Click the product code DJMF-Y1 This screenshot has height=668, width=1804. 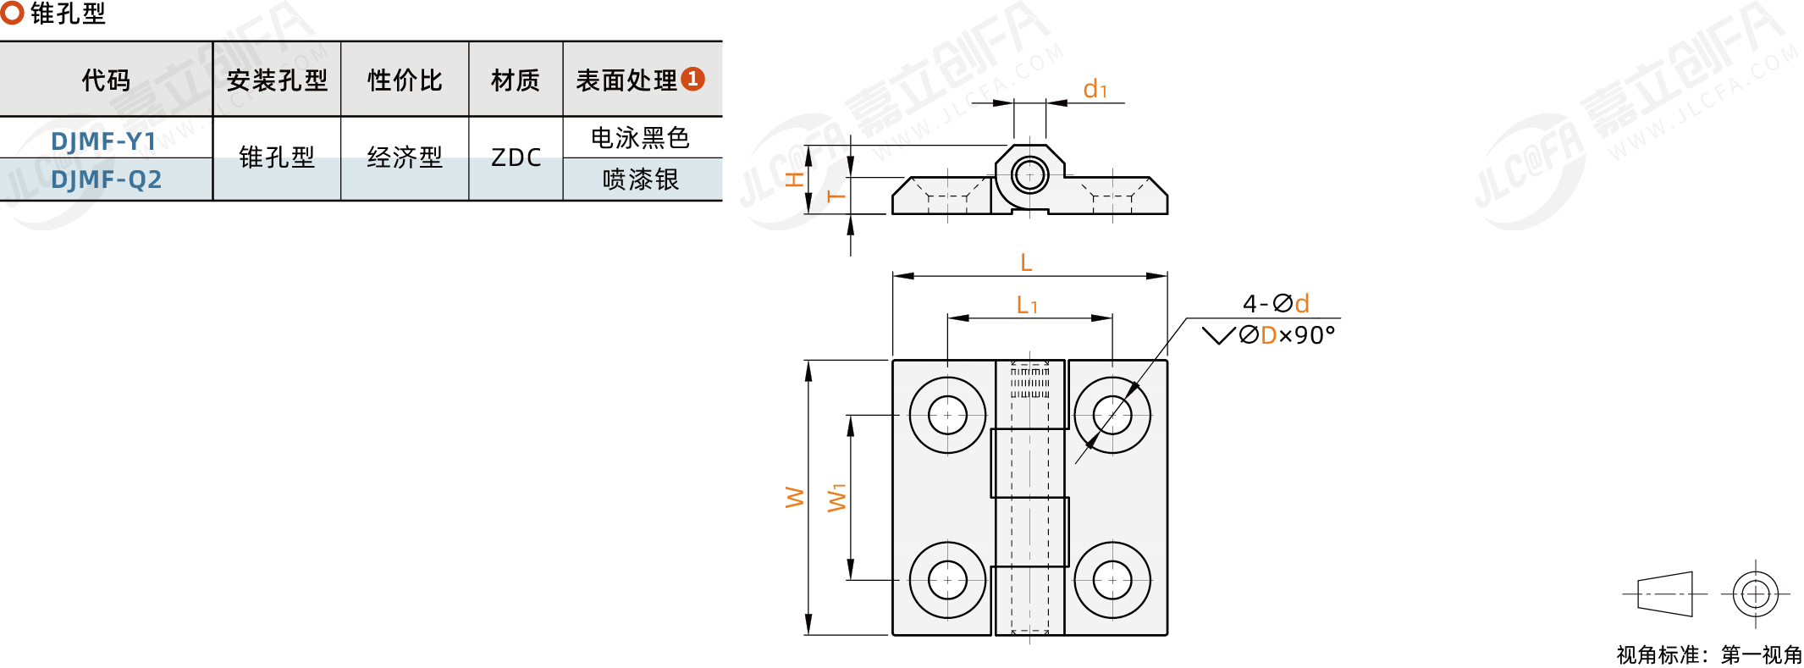tap(104, 141)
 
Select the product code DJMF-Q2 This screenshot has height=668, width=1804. tap(106, 179)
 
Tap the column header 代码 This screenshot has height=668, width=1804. tap(106, 80)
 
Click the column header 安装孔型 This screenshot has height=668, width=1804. tap(277, 80)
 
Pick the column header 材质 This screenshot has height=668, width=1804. tap(516, 80)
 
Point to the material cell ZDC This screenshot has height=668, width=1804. tap(516, 157)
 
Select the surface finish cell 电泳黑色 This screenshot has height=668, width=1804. tap(641, 137)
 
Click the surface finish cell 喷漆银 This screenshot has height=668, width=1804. tap(641, 179)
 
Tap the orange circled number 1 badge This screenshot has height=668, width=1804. tap(693, 79)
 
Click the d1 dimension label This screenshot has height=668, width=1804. tap(1095, 89)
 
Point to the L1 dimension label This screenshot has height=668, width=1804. tap(1027, 305)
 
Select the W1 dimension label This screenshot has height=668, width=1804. tap(836, 498)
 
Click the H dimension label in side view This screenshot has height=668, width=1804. tap(794, 179)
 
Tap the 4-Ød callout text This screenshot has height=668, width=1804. tap(1276, 303)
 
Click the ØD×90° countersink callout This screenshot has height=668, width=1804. tap(1269, 335)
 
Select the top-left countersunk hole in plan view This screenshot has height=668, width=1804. tap(947, 415)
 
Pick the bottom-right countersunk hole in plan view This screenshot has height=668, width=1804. tap(1112, 580)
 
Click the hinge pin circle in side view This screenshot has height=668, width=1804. tap(1029, 176)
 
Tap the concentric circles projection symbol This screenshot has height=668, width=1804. tap(1755, 593)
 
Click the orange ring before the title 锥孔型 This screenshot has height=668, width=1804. tap(12, 13)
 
